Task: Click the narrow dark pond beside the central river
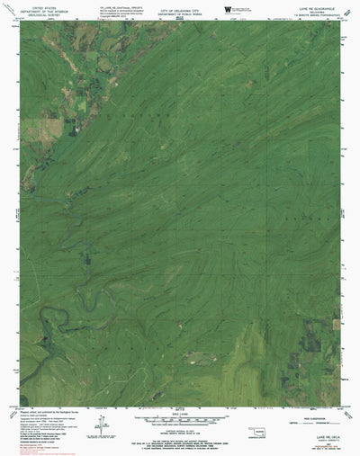[85, 261]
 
